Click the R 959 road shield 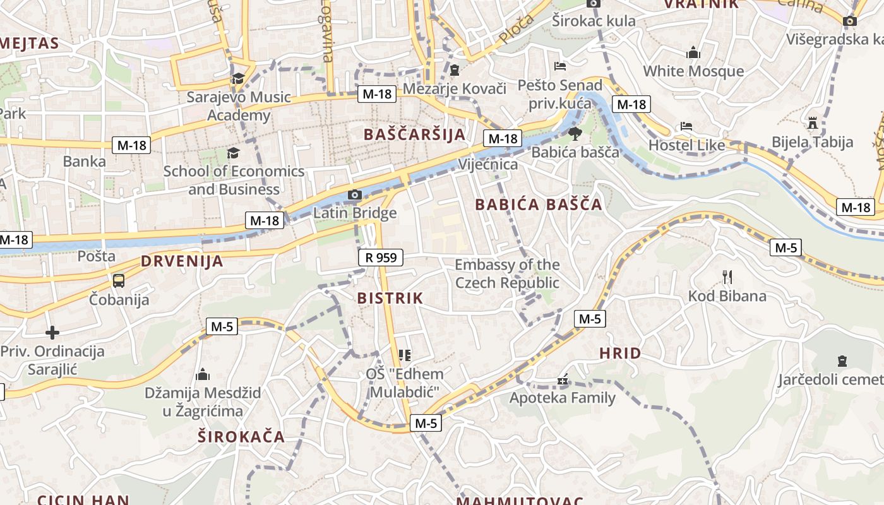tap(381, 258)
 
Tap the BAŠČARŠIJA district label tap(415, 134)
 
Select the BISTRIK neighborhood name tap(390, 299)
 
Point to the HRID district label tap(620, 353)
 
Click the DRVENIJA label tap(182, 261)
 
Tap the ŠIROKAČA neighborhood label tap(241, 437)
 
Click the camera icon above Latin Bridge tap(355, 194)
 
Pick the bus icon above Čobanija tap(118, 281)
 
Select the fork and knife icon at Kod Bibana tap(727, 276)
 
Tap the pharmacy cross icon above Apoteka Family tap(563, 381)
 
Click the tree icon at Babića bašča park tap(575, 133)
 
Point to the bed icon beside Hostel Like tap(686, 126)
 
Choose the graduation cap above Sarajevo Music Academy tap(238, 78)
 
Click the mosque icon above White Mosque tap(693, 52)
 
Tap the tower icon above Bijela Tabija tap(813, 122)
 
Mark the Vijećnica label tap(488, 165)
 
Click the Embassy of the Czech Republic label tap(507, 273)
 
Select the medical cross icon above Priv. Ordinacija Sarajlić tap(52, 332)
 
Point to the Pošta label tap(97, 256)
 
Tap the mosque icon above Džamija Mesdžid tap(203, 374)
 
